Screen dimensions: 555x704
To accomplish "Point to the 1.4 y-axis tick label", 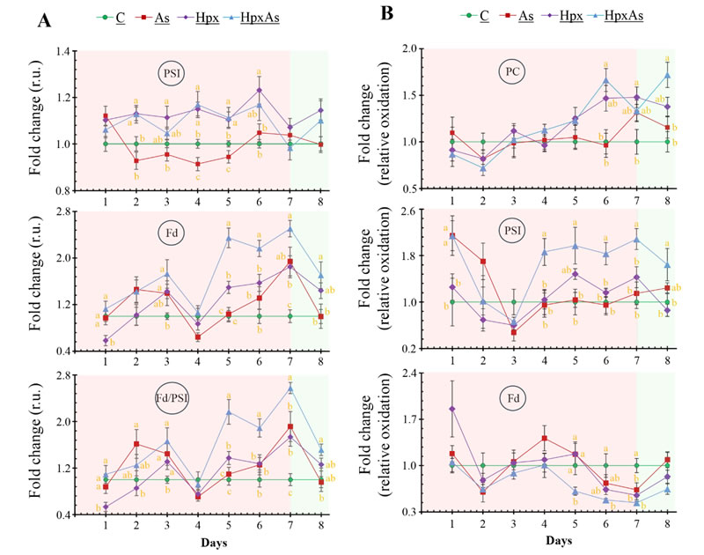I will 61,52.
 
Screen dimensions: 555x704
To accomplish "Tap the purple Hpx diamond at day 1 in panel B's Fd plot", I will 452,409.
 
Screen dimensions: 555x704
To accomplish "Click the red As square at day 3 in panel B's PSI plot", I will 514,332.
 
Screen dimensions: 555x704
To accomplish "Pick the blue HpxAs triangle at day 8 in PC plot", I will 668,75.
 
